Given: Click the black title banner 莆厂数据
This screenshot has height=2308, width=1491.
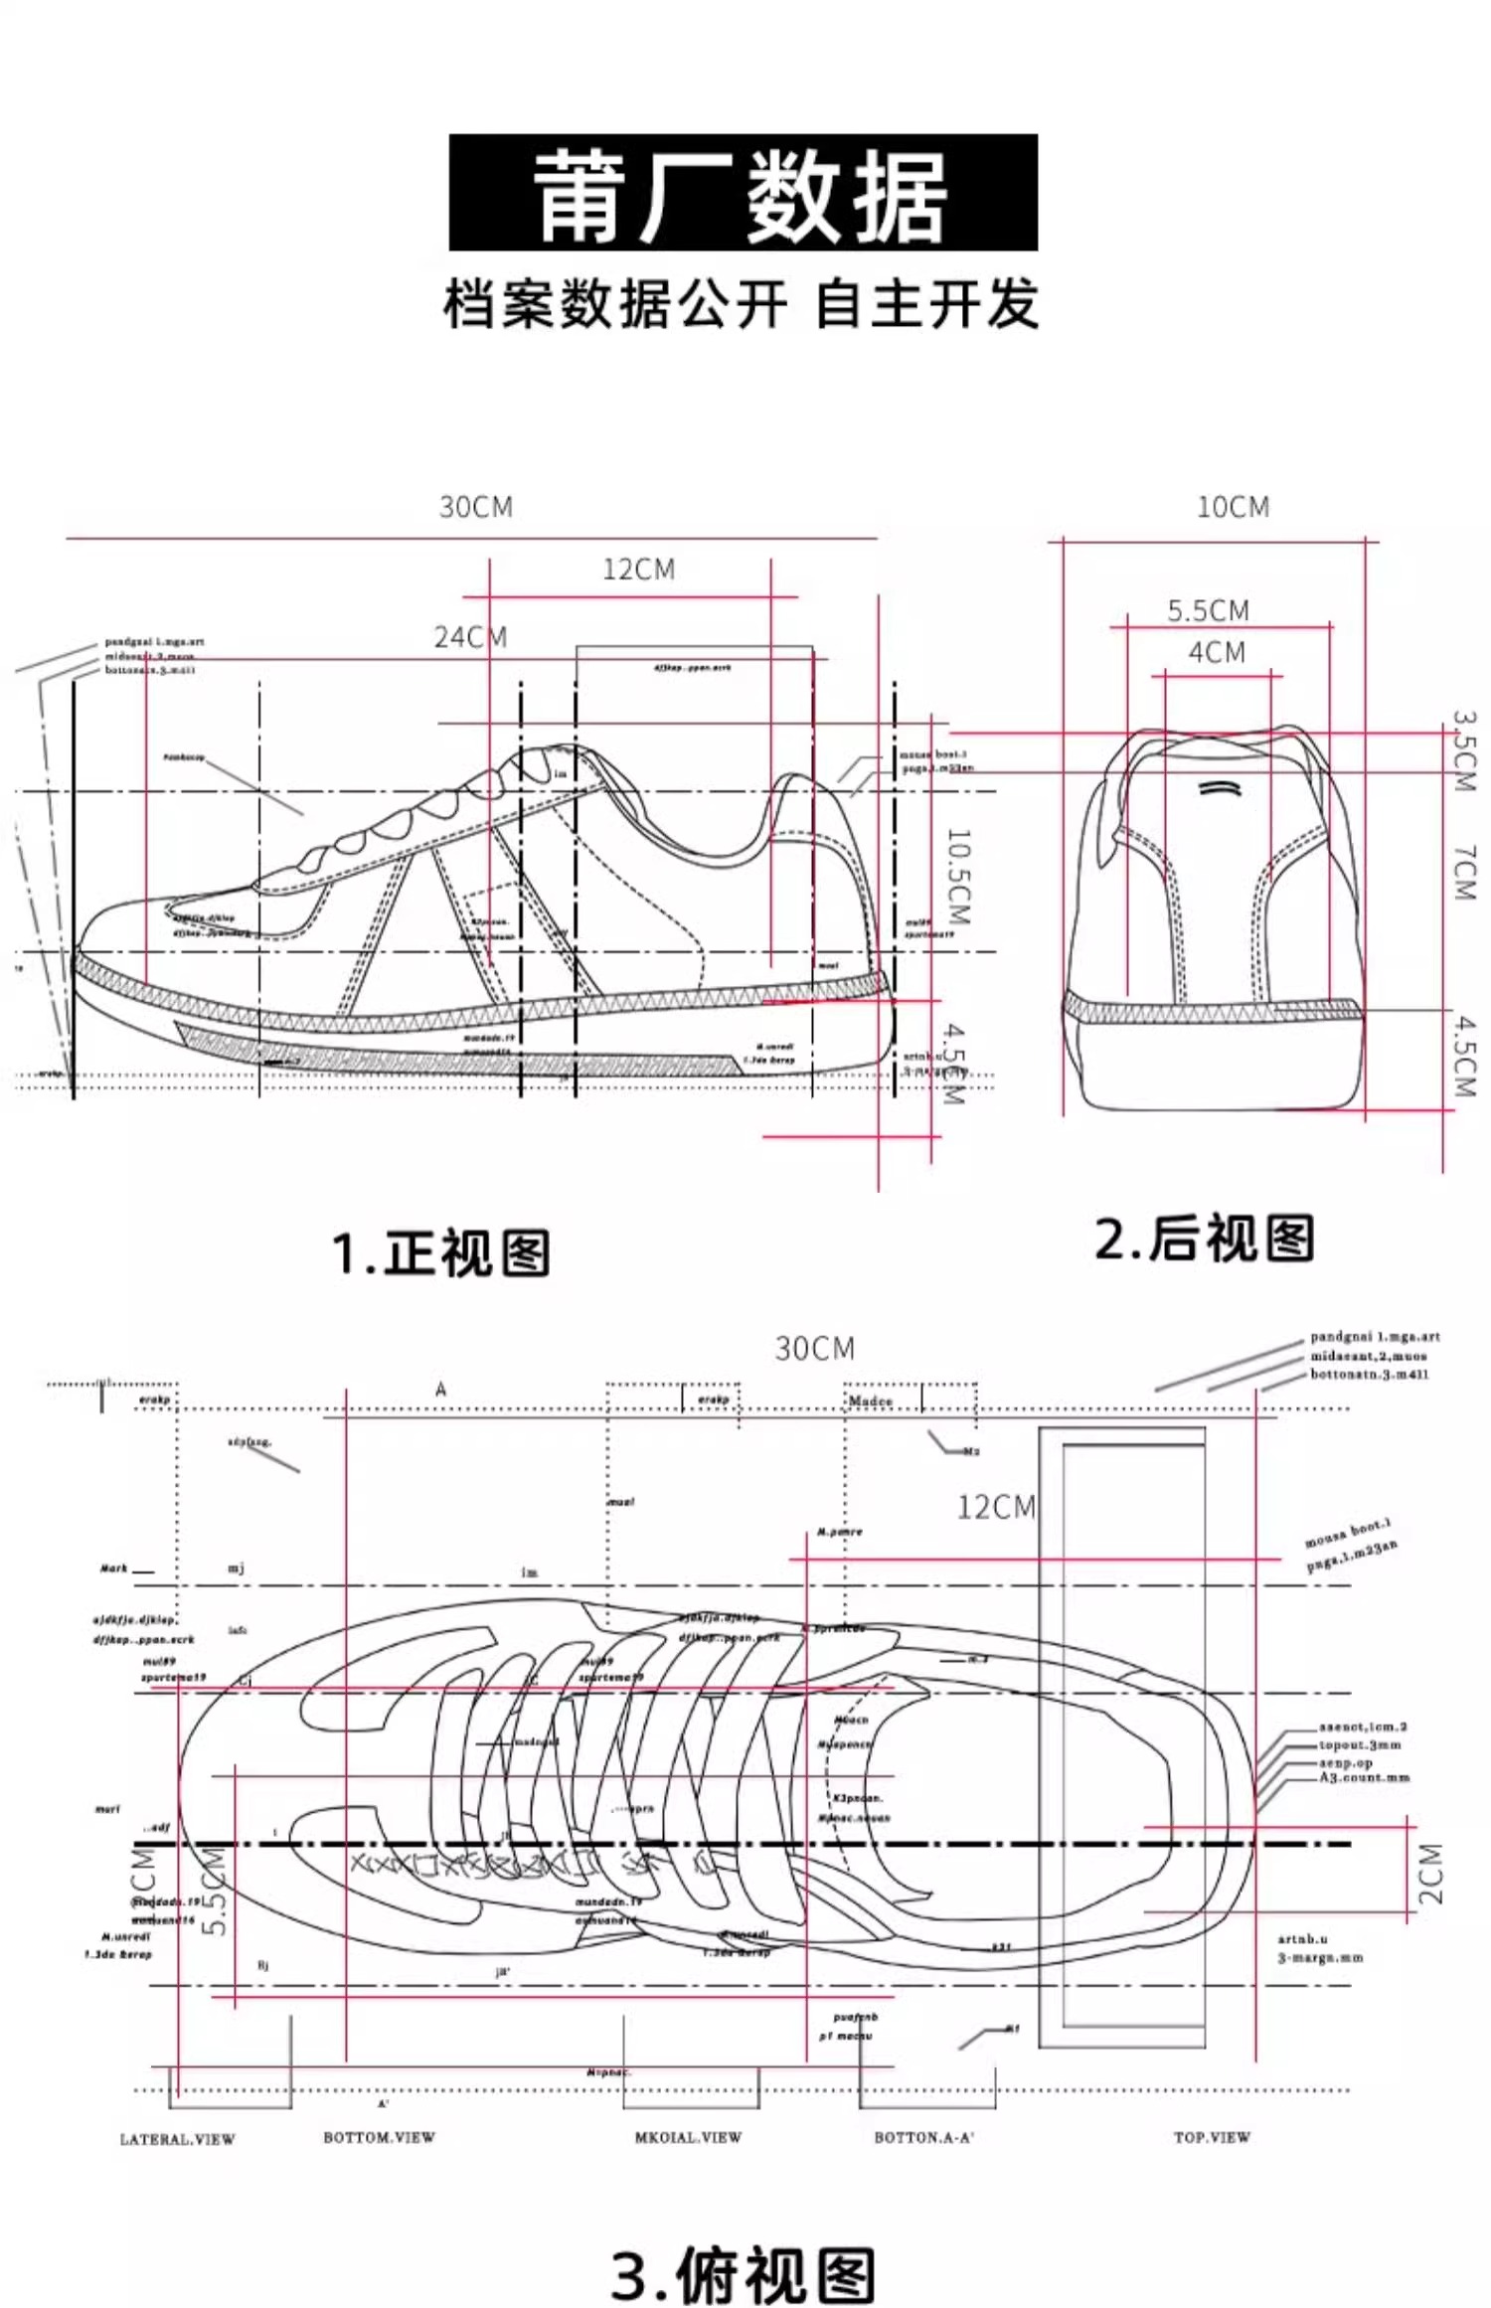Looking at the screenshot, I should click(x=744, y=193).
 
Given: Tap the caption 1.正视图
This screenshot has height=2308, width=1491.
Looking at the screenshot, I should click(x=440, y=1252).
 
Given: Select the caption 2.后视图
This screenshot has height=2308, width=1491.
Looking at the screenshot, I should click(x=1204, y=1239).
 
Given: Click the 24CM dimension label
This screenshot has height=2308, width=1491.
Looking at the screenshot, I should click(x=470, y=637).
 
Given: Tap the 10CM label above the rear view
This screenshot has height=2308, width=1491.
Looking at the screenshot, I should click(x=1233, y=508).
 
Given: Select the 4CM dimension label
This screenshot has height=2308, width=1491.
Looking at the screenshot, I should click(x=1217, y=653).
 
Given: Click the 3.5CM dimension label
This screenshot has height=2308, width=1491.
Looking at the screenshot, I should click(x=1464, y=750).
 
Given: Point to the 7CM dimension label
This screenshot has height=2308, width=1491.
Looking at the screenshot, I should click(x=1464, y=873).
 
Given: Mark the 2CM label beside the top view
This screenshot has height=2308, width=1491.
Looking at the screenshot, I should click(x=1430, y=1874).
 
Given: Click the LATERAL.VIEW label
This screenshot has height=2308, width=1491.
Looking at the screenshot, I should click(x=177, y=2140).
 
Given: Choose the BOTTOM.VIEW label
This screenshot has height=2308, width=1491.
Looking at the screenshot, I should click(x=379, y=2137).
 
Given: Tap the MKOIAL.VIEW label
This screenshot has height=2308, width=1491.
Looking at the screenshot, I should click(x=688, y=2137).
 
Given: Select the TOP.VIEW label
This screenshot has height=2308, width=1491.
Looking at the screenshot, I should click(x=1212, y=2137).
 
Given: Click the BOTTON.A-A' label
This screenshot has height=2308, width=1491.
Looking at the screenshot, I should click(x=923, y=2137).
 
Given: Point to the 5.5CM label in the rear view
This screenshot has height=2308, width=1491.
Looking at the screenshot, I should click(x=1208, y=610).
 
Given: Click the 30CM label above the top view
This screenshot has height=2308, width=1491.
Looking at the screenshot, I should click(x=814, y=1349).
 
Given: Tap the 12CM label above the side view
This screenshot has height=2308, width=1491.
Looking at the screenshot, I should click(x=638, y=570).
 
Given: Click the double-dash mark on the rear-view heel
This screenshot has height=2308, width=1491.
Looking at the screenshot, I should click(x=1219, y=788).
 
